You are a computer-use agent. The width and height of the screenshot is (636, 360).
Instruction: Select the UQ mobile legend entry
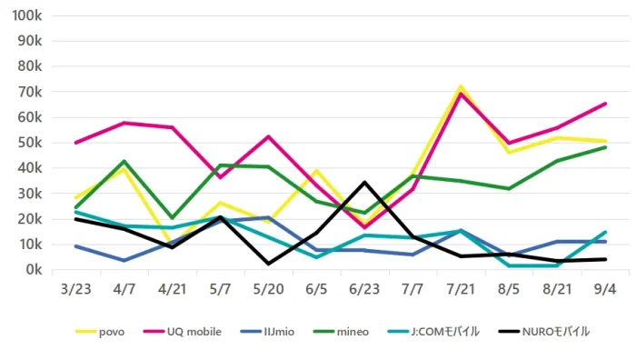[183, 332]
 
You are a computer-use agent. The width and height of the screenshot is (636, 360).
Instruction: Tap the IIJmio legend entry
[267, 332]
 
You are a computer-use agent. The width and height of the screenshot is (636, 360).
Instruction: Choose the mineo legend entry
[341, 332]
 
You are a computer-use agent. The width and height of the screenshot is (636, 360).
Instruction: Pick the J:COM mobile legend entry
[433, 332]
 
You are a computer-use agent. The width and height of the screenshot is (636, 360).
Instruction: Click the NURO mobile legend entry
[543, 332]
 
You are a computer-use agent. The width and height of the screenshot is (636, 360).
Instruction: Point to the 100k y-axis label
[27, 15]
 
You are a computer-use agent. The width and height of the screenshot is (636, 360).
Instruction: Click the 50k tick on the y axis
[30, 143]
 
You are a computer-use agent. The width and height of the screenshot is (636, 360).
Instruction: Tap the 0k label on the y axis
[34, 269]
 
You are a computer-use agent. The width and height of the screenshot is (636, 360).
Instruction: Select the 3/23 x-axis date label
[75, 289]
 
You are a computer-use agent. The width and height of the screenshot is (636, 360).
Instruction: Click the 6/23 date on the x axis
[364, 289]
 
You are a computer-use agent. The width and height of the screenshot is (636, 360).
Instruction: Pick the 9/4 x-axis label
[605, 289]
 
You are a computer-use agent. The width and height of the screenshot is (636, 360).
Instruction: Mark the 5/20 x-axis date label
[268, 289]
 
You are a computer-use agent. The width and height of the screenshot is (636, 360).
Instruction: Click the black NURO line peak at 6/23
[364, 182]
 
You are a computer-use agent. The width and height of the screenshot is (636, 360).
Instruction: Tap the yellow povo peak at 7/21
[461, 86]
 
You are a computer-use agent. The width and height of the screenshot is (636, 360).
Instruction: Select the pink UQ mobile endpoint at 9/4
[605, 104]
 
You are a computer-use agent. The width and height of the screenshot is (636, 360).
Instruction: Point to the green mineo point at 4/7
[124, 161]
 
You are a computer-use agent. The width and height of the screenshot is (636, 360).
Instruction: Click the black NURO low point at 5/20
[268, 264]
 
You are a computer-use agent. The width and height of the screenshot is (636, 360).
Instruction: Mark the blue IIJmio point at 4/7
[124, 261]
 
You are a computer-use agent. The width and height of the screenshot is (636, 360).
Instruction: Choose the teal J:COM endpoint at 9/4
[605, 232]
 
